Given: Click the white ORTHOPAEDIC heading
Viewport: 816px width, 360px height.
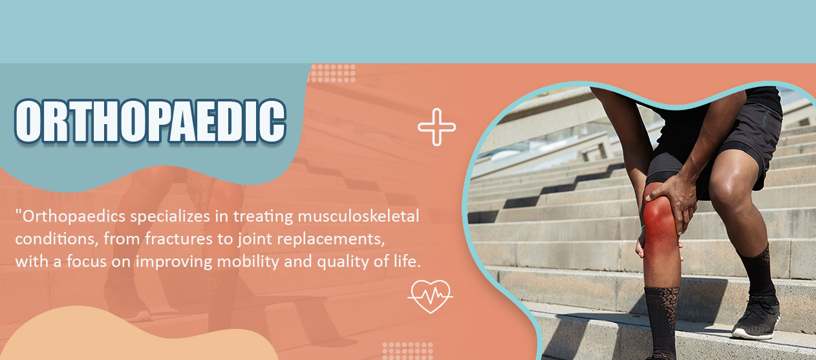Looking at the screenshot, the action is (x=150, y=122).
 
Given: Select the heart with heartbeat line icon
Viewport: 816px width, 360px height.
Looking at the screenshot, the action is (x=430, y=296).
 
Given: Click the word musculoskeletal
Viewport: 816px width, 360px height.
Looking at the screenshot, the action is (x=358, y=217).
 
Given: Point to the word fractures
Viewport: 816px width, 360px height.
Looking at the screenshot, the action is (x=179, y=239).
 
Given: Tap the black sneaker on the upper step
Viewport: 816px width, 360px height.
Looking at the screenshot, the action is (x=757, y=317).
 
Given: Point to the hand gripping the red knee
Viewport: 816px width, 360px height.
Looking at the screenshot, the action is (x=672, y=202).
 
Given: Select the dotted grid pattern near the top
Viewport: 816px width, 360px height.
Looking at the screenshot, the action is (x=332, y=73).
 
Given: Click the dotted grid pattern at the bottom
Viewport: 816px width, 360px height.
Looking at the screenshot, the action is (x=407, y=351).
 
